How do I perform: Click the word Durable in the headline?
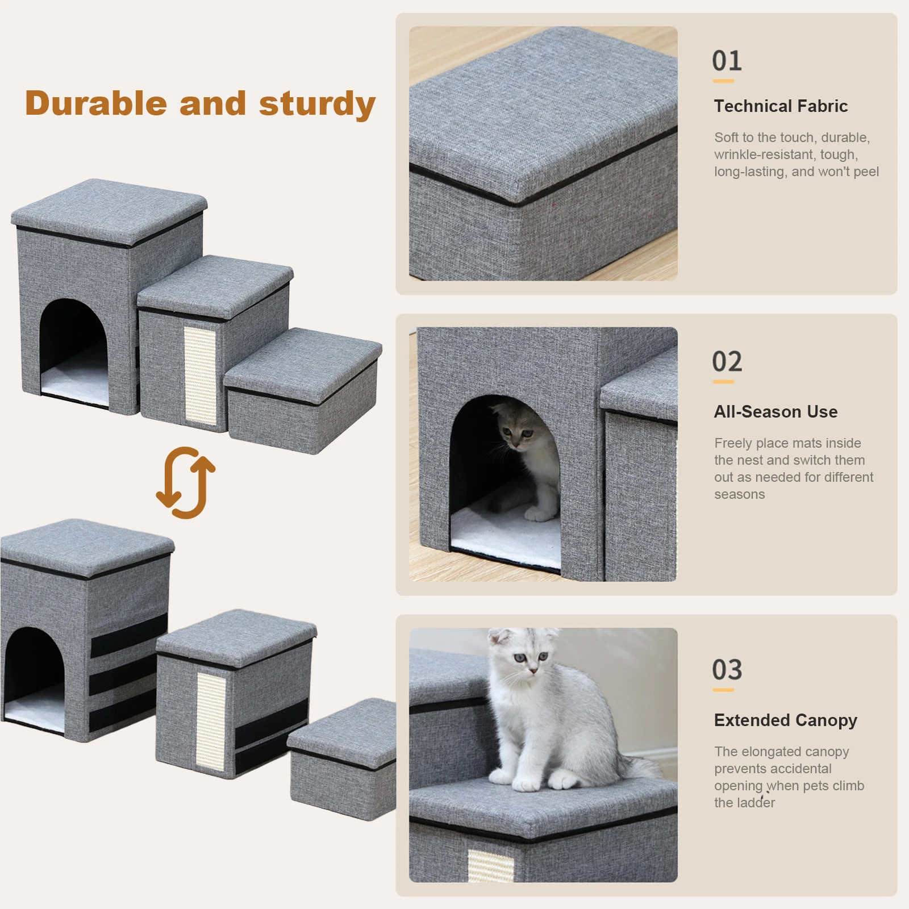point(96,103)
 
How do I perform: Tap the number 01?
point(727,61)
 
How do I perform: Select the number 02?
point(727,361)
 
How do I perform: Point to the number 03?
point(727,670)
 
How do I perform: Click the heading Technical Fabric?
point(781,106)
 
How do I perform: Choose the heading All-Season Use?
point(775,412)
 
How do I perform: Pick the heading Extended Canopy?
point(785,720)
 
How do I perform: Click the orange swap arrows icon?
point(186,482)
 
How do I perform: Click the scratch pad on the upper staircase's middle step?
point(200,376)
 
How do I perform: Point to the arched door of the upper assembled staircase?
point(74,352)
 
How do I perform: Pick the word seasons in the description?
point(739,494)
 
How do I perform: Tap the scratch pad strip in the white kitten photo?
point(490,866)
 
